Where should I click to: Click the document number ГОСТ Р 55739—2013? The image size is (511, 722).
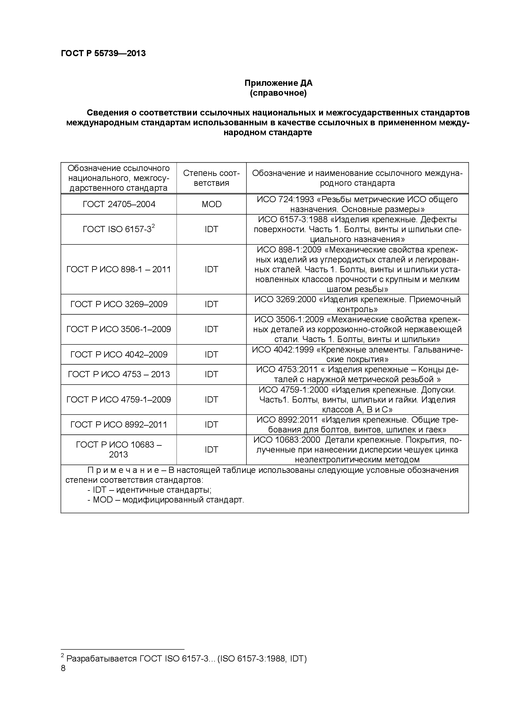click(x=103, y=53)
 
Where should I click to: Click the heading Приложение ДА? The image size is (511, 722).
click(x=278, y=83)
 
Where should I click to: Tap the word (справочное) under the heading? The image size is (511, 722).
click(x=278, y=94)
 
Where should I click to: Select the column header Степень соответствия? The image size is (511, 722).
click(x=211, y=178)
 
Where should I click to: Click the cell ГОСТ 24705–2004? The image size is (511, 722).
click(x=119, y=204)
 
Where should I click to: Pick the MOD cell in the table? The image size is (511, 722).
click(x=211, y=204)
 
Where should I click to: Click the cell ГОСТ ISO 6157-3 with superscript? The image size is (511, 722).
click(x=119, y=229)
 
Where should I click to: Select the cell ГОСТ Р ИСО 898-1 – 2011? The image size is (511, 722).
click(x=119, y=269)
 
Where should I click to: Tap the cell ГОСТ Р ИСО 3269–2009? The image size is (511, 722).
click(x=119, y=304)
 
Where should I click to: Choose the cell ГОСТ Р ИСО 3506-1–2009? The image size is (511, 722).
click(x=119, y=329)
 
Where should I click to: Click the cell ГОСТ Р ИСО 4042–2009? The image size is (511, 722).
click(x=119, y=355)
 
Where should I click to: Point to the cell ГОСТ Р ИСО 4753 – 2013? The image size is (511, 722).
click(x=119, y=374)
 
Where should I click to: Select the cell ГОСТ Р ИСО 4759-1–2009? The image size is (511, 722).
click(x=119, y=400)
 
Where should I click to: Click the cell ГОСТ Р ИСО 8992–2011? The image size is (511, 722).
click(x=119, y=425)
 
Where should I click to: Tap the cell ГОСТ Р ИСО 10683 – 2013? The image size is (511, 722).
click(x=119, y=450)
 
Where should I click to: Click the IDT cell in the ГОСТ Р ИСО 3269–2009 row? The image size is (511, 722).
click(x=211, y=304)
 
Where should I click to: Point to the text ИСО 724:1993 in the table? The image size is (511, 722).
click(x=285, y=199)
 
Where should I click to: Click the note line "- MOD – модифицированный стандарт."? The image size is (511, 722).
click(x=166, y=500)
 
